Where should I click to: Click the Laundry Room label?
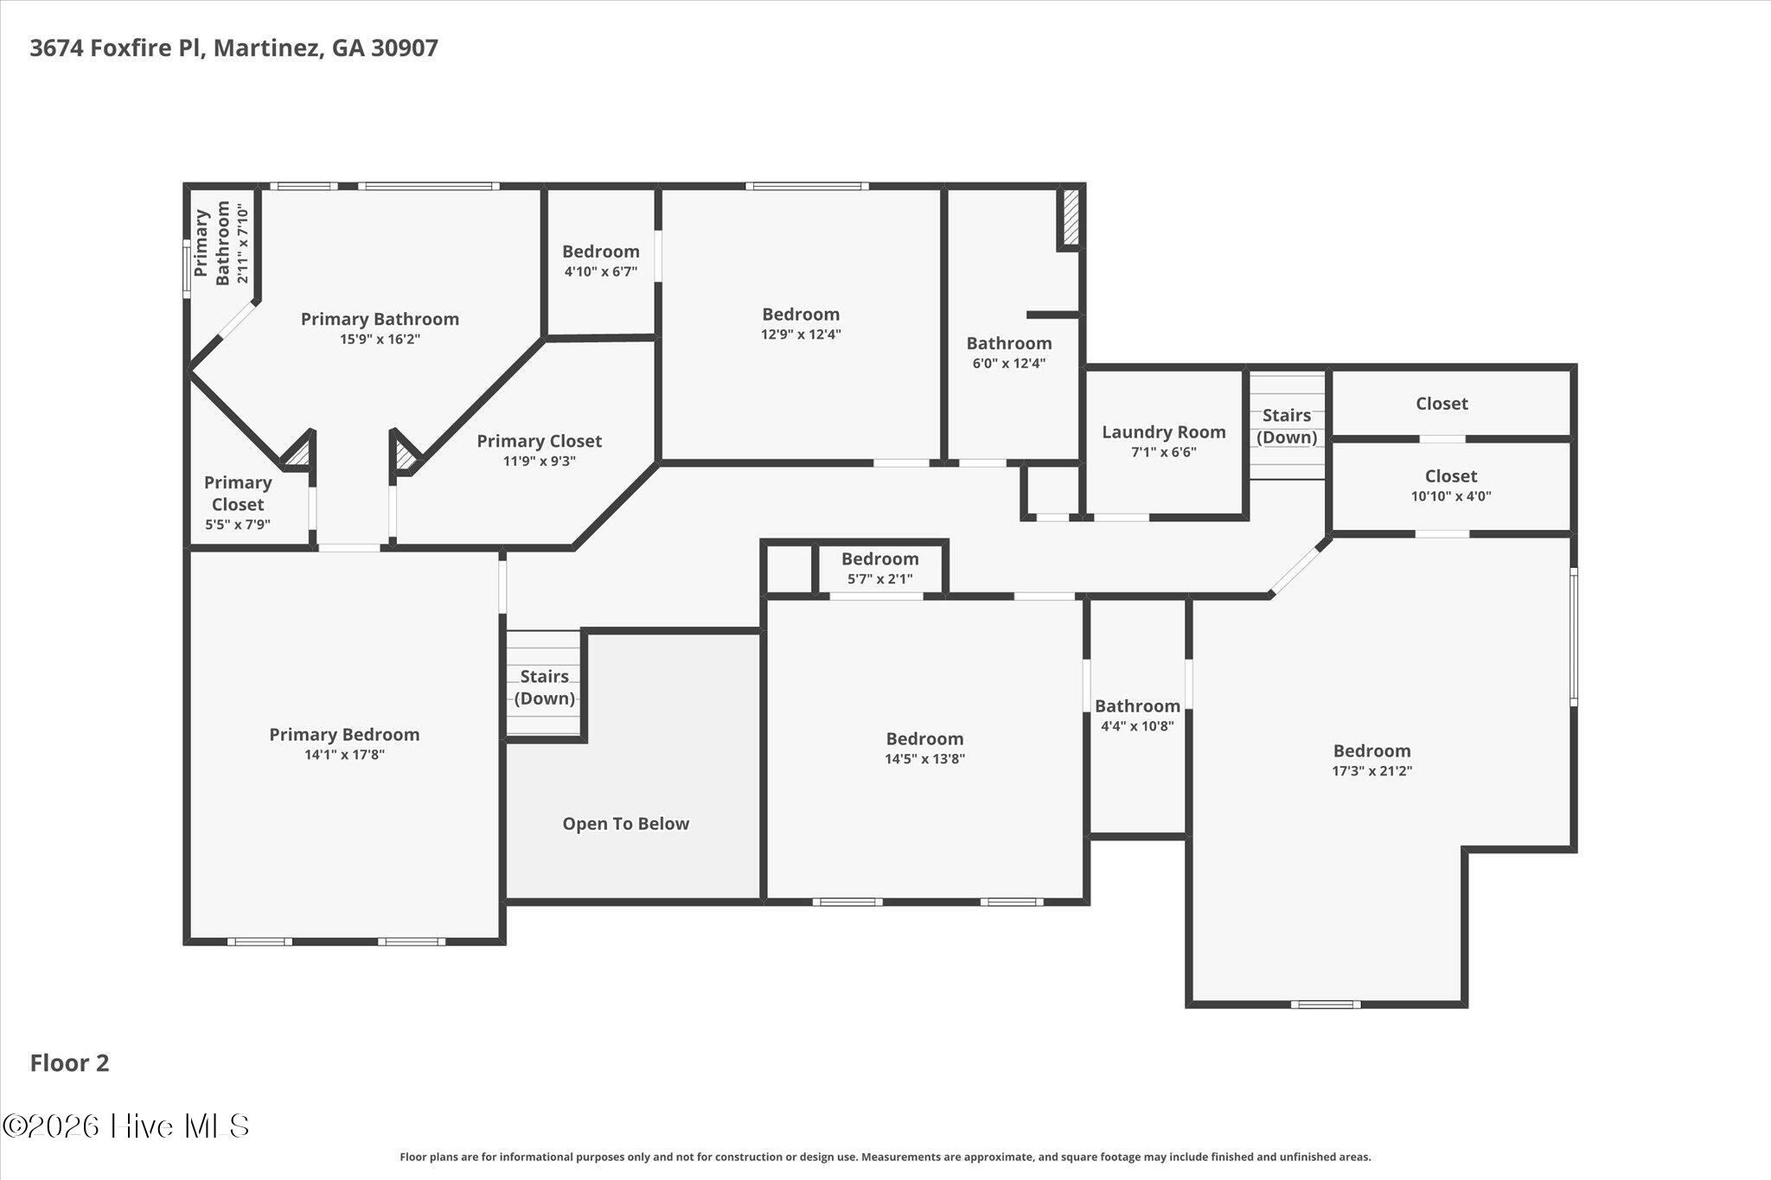click(1163, 441)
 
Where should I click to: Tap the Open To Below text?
click(626, 824)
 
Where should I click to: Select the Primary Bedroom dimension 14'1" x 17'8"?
click(344, 755)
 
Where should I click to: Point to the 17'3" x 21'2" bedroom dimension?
click(1371, 771)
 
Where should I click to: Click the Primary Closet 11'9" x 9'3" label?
click(540, 450)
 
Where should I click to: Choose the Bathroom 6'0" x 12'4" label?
click(1009, 353)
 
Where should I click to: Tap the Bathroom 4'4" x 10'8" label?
click(1137, 716)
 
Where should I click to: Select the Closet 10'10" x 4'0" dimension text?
click(1451, 496)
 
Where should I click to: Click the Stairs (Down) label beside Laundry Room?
click(1287, 426)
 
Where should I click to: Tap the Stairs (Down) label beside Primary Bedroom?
click(545, 687)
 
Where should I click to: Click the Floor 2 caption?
click(70, 1063)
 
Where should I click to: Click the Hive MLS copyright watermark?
click(126, 1126)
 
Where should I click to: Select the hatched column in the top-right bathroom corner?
click(1071, 216)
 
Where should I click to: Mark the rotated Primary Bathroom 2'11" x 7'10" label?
click(222, 244)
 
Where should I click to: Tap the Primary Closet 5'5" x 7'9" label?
click(238, 502)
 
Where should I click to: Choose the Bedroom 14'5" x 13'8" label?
click(924, 749)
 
